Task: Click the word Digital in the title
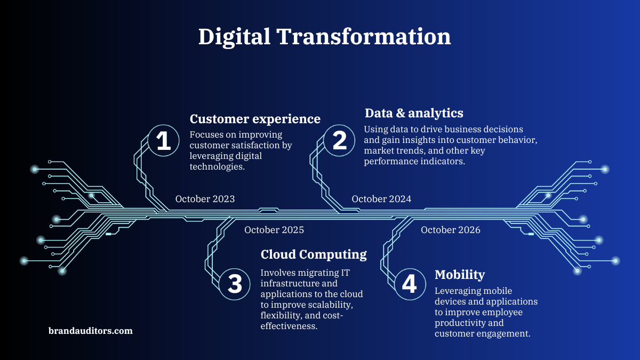coord(234,37)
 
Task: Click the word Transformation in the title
coord(364,36)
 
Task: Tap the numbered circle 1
coord(163,140)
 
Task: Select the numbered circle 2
coord(339,140)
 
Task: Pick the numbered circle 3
coord(235,284)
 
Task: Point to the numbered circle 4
coord(410,284)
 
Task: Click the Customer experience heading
coord(255,119)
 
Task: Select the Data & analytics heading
coord(414,113)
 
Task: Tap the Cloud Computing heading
coord(314,254)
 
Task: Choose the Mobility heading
coord(460,275)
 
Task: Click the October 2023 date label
coord(205,199)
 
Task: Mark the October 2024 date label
coord(381,199)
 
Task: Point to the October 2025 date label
coord(274,230)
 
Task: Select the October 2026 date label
coord(451,230)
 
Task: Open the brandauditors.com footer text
coord(91,331)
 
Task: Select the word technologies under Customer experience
coord(217,167)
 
